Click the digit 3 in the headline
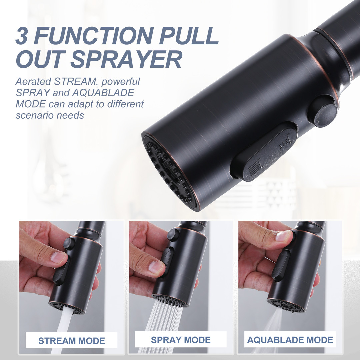click(22, 36)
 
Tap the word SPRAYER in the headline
click(126, 59)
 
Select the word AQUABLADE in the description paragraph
click(103, 93)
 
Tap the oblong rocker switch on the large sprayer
click(265, 152)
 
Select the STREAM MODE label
click(72, 341)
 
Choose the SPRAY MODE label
click(181, 340)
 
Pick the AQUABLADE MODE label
click(290, 340)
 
